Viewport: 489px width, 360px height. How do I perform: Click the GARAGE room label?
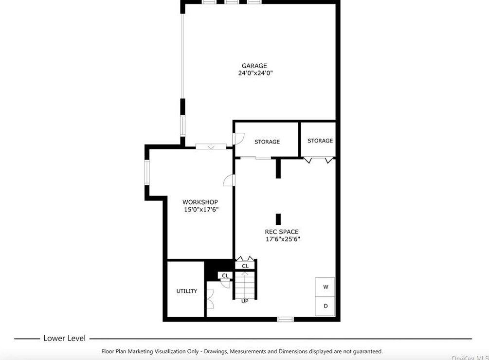(254, 66)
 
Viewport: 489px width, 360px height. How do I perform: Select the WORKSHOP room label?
(200, 202)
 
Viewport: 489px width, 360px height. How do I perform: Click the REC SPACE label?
(282, 232)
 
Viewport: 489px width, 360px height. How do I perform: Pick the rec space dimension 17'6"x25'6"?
(282, 239)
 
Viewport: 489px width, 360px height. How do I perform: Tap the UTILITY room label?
(187, 291)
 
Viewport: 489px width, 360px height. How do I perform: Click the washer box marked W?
(326, 287)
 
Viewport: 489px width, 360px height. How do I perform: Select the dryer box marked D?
(326, 306)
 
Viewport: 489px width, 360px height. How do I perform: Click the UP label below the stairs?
(245, 301)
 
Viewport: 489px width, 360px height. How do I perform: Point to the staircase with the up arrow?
(245, 285)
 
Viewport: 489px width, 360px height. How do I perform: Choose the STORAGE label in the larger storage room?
(267, 142)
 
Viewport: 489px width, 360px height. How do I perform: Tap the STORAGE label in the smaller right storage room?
(320, 141)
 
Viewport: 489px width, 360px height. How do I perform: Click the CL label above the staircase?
(245, 266)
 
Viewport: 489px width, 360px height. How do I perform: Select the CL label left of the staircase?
(225, 276)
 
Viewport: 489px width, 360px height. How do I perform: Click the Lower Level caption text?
(65, 338)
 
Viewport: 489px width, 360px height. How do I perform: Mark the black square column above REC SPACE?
(278, 219)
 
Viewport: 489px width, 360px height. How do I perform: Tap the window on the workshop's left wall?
(146, 172)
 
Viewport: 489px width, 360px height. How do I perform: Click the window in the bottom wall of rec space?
(285, 319)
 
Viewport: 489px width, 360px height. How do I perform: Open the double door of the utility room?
(209, 299)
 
